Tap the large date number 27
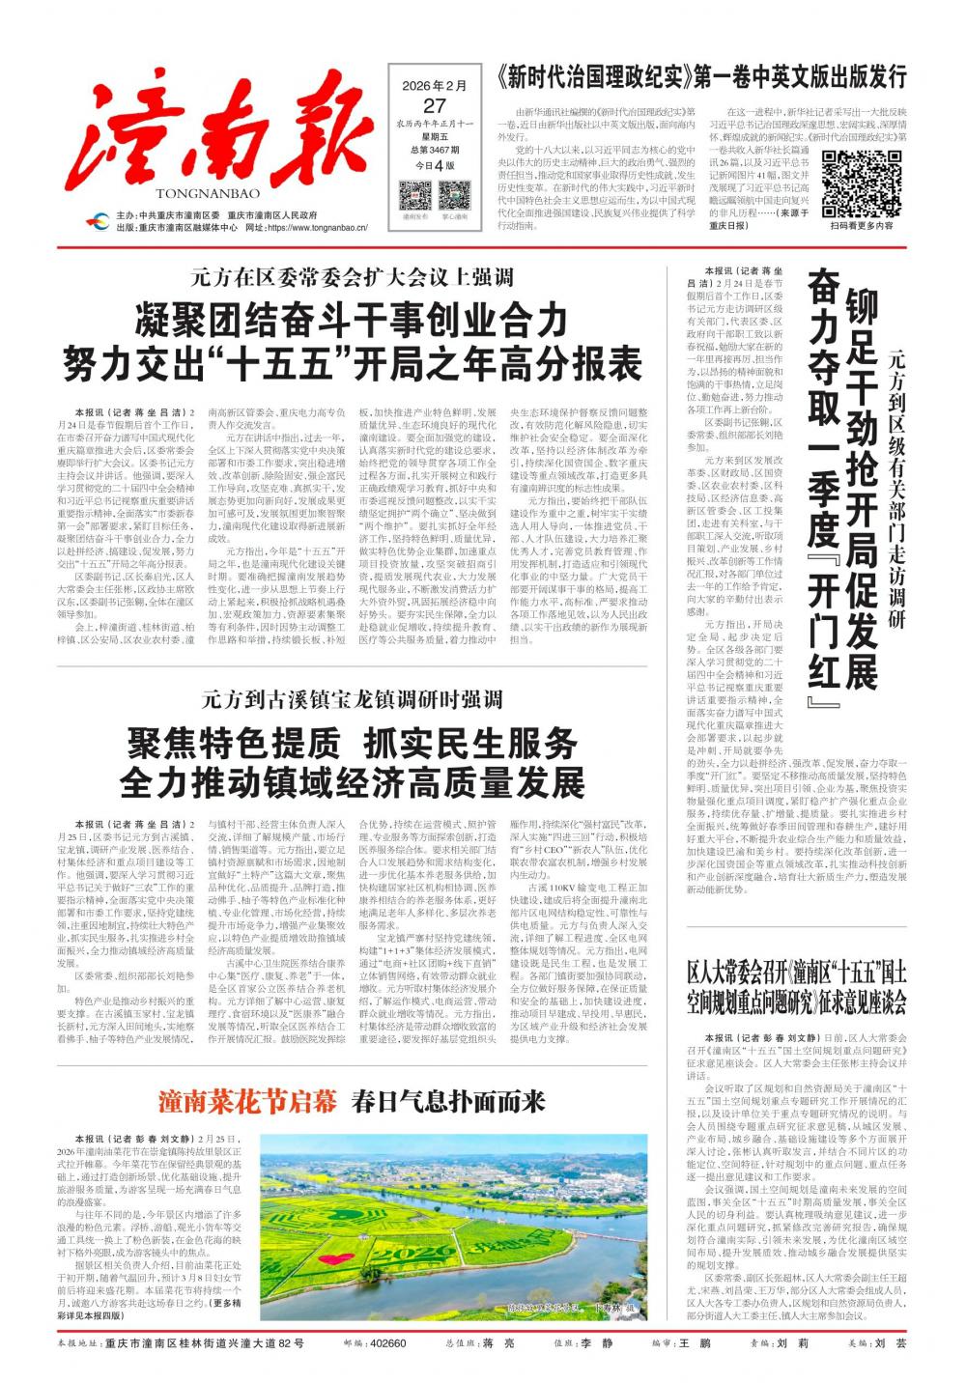coord(435,105)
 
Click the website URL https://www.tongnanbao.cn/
coord(316,228)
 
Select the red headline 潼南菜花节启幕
coord(248,1102)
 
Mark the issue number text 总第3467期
coord(435,150)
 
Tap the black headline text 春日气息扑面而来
coord(448,1102)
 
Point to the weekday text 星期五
coord(435,137)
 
